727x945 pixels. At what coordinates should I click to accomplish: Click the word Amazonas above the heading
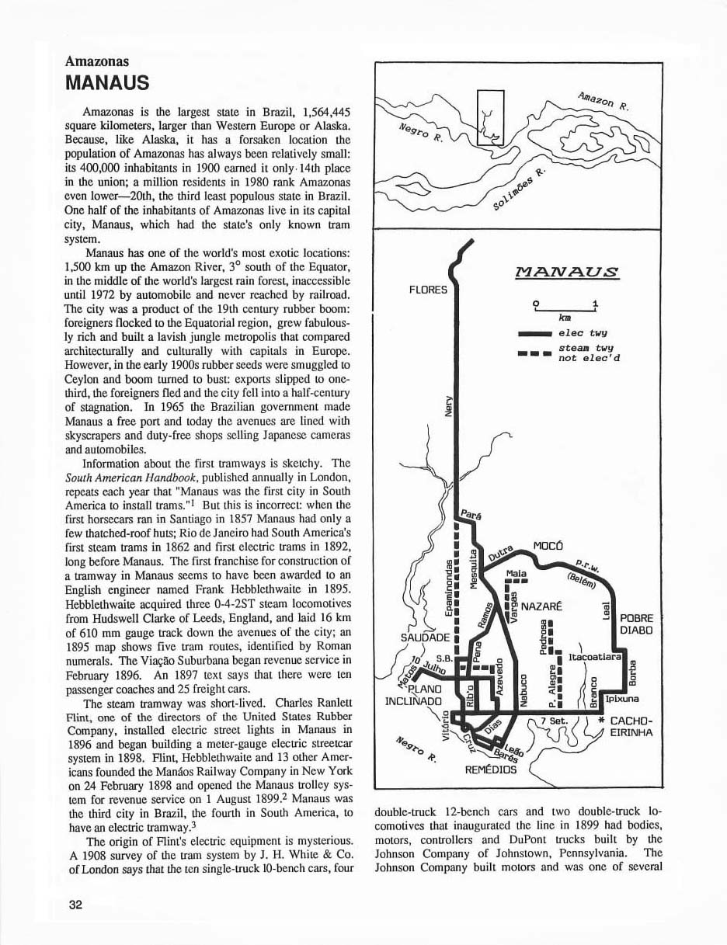point(97,61)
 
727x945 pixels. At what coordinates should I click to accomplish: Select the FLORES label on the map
point(428,290)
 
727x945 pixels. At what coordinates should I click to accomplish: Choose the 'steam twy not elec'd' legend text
point(589,353)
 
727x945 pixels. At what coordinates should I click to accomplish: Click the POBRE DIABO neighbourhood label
point(637,624)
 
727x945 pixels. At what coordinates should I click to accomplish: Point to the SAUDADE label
point(420,638)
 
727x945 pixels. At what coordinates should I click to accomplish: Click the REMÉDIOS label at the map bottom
point(491,770)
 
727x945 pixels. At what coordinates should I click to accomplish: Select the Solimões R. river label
point(520,186)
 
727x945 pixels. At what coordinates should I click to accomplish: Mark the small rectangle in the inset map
point(490,116)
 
